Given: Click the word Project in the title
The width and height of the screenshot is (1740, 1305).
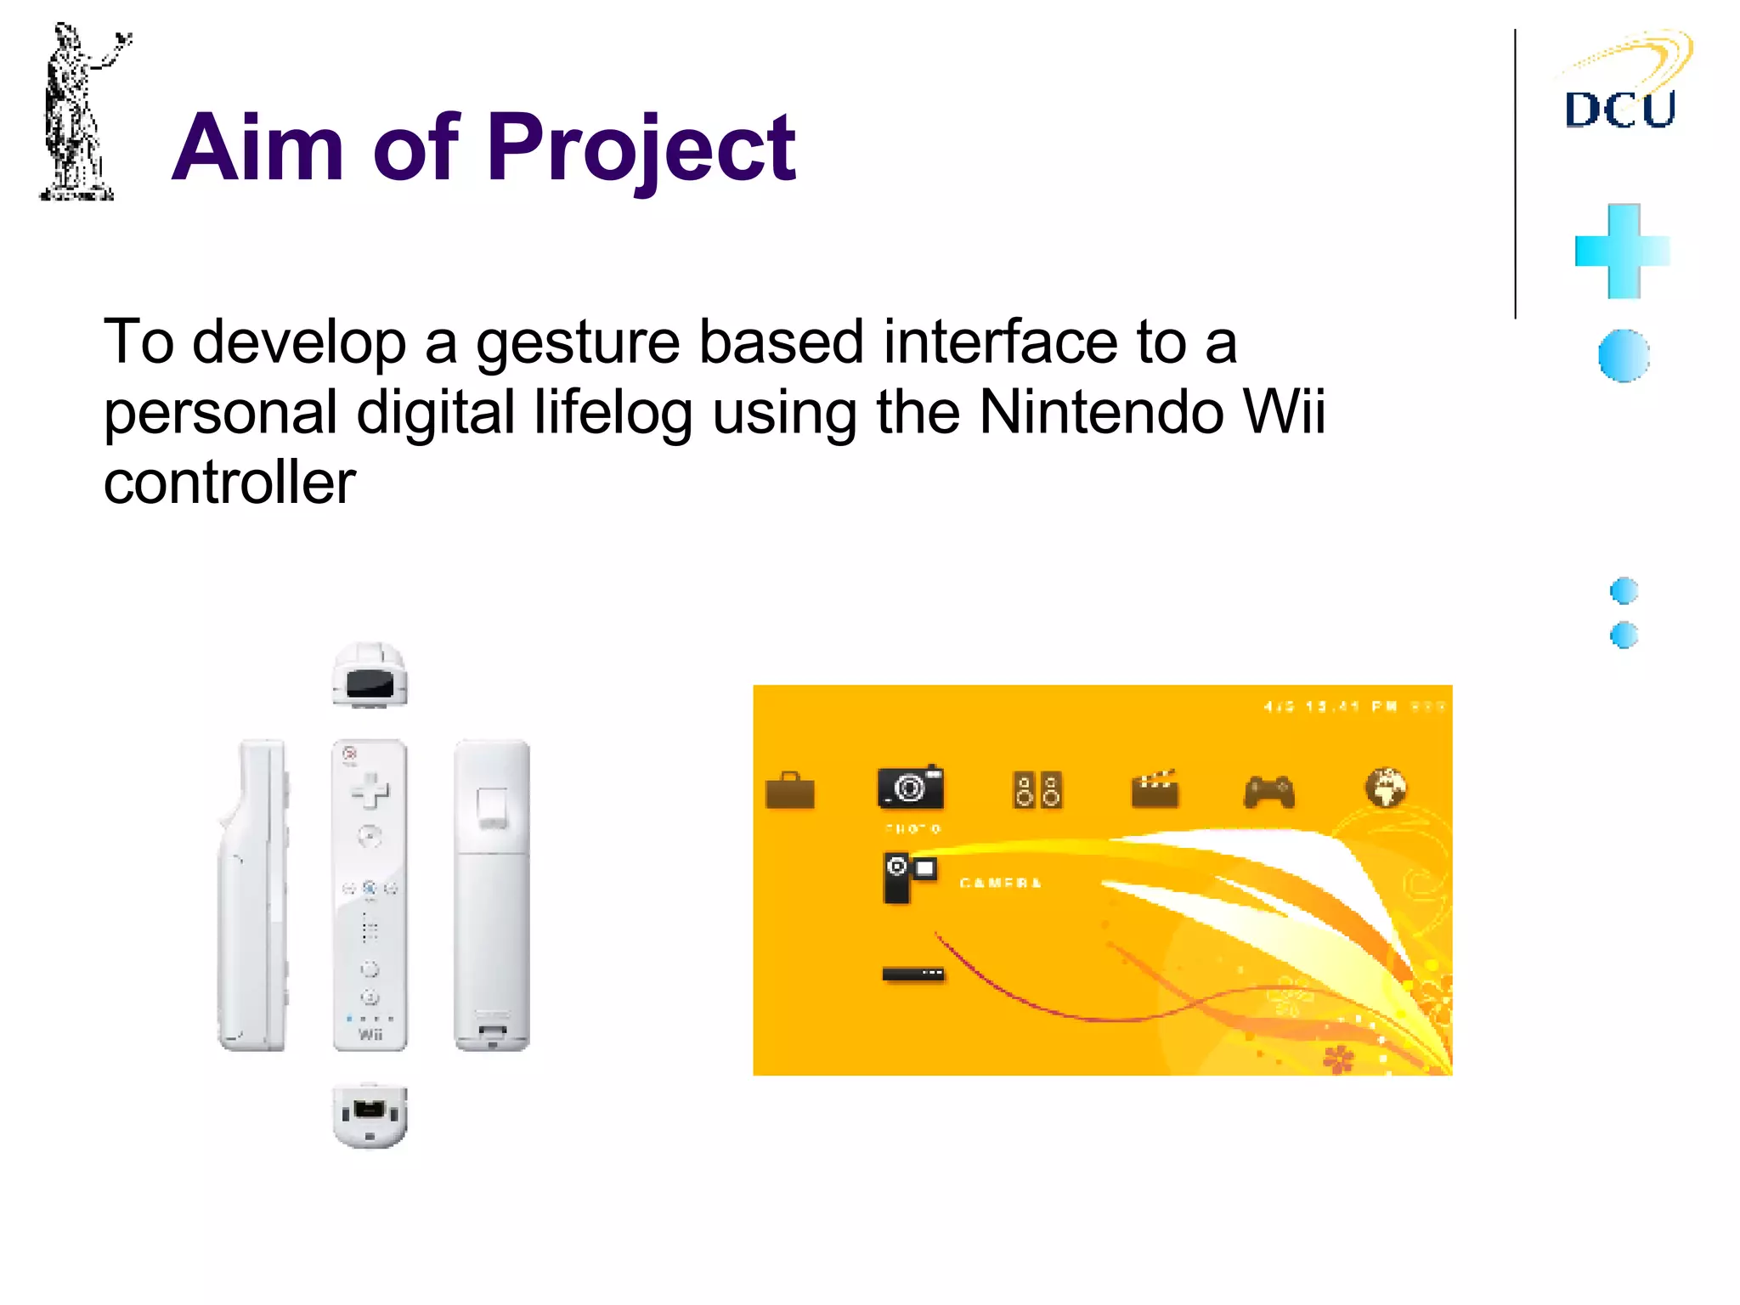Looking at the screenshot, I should coord(641,149).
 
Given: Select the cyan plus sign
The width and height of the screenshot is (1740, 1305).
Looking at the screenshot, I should coord(1622,251).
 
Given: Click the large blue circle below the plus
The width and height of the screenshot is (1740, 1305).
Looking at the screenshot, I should coord(1623,355).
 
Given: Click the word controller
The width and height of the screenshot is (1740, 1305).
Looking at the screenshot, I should coord(229,483).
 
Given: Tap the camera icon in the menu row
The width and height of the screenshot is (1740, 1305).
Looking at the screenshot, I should coord(911,788).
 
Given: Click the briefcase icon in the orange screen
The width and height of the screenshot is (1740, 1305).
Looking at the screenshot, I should coord(790,791).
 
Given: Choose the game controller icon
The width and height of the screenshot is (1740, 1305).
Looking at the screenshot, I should coord(1269,792).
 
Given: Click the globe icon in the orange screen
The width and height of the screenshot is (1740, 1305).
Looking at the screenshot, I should coord(1386,788).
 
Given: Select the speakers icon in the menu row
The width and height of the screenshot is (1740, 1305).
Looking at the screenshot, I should coord(1037,790).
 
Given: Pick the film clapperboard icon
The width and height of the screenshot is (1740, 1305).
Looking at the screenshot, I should coord(1155,789).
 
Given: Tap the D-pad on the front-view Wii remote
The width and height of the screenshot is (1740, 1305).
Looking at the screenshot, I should coord(370,791).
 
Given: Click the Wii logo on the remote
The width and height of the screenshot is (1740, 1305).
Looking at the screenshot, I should coord(370,1034).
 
